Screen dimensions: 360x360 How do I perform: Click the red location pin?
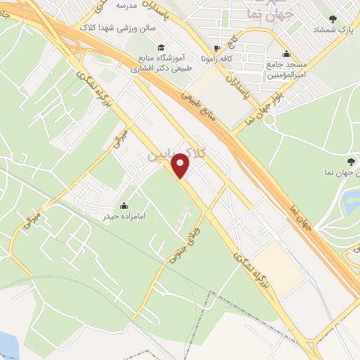coord(181,166)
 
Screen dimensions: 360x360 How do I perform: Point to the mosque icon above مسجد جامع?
coord(285,54)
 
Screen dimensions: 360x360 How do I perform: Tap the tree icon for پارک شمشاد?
coord(333,19)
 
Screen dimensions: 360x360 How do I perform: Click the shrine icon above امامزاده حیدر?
coord(124,205)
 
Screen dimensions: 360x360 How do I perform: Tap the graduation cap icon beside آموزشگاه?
coord(162,47)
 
